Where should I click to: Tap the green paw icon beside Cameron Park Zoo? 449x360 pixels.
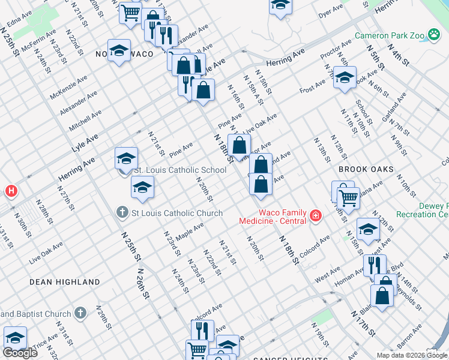(x=434, y=35)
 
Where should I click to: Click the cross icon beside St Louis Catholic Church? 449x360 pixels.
(x=122, y=212)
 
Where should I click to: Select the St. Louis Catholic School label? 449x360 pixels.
(x=179, y=170)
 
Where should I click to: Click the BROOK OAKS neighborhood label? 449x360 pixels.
(x=366, y=170)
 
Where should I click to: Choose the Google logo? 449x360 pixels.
(x=20, y=353)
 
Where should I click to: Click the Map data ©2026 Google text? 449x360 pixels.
(x=412, y=355)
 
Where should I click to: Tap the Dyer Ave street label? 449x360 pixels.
(x=330, y=12)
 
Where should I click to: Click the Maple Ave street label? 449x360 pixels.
(x=190, y=230)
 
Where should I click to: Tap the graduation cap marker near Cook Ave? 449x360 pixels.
(x=345, y=78)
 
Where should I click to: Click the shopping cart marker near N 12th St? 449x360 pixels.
(x=348, y=196)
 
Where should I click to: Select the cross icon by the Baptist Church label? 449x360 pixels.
(x=80, y=314)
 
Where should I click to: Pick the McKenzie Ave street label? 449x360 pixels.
(x=68, y=86)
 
